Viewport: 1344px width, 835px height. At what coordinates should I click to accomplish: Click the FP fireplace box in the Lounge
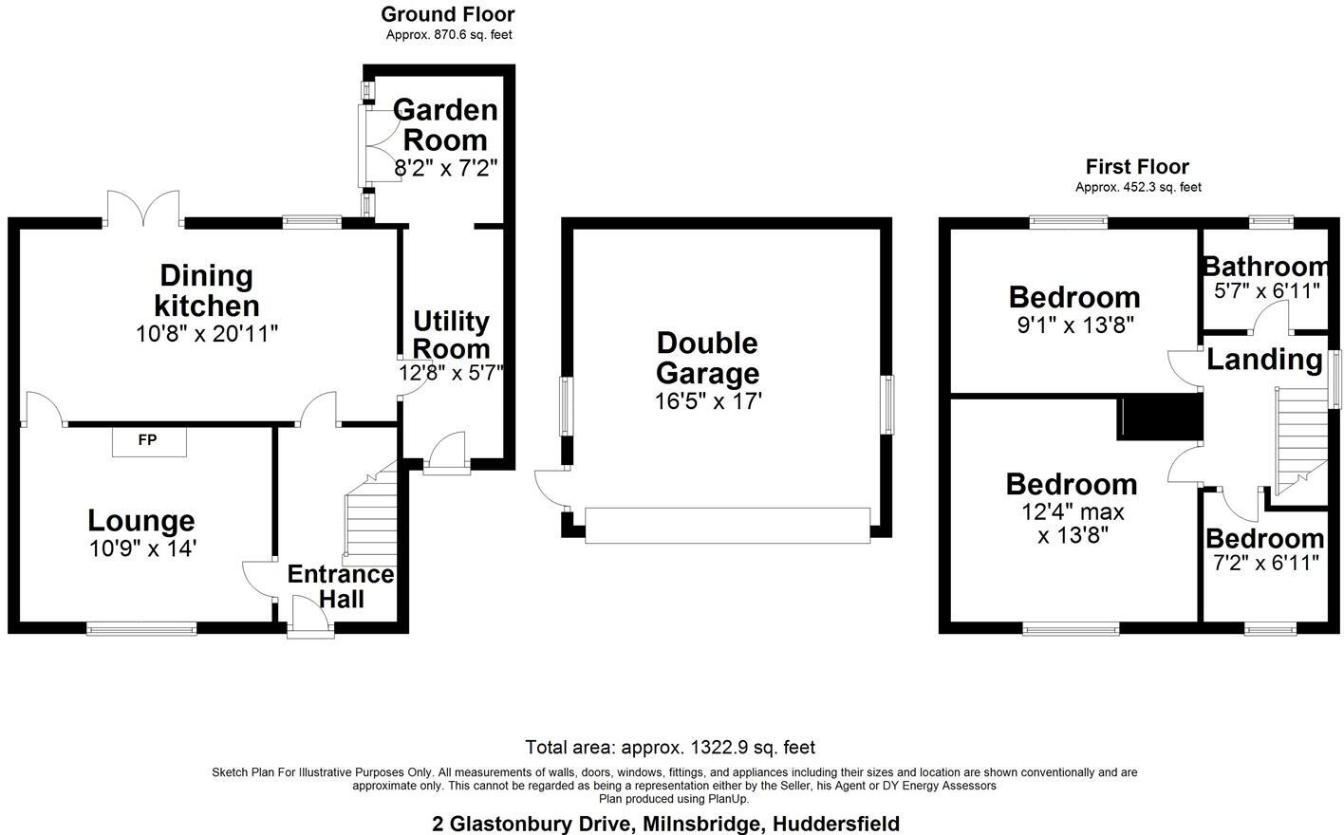pyautogui.click(x=149, y=441)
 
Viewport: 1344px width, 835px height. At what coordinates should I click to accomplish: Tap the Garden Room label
pyautogui.click(x=444, y=124)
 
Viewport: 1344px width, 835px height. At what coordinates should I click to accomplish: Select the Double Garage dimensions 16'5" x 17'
pyautogui.click(x=708, y=401)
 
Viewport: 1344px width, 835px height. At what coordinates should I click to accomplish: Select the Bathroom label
pyautogui.click(x=1265, y=267)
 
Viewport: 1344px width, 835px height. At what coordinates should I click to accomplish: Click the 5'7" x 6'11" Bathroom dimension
pyautogui.click(x=1266, y=291)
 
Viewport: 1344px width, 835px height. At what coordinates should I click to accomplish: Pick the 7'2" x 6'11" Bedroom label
pyautogui.click(x=1264, y=539)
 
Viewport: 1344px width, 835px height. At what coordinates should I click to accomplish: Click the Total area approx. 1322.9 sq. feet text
pyautogui.click(x=670, y=748)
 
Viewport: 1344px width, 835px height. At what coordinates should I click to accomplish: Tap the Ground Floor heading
pyautogui.click(x=448, y=14)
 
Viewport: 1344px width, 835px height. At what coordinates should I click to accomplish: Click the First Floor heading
pyautogui.click(x=1137, y=167)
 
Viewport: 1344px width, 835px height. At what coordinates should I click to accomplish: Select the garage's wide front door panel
pyautogui.click(x=727, y=525)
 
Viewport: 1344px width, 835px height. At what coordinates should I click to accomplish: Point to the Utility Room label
pyautogui.click(x=451, y=334)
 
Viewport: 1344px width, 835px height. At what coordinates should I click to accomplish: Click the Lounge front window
pyautogui.click(x=141, y=627)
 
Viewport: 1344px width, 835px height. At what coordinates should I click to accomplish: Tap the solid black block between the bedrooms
pyautogui.click(x=1160, y=418)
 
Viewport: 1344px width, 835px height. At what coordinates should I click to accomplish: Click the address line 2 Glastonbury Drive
pyautogui.click(x=665, y=824)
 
